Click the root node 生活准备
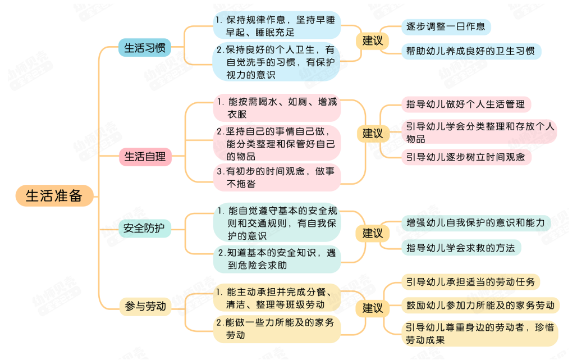pos(54,195)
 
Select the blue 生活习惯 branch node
pos(144,48)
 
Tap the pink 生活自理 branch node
pos(144,157)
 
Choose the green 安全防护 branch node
pos(144,229)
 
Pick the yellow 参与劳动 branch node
pos(144,306)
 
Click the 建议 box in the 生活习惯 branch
pos(372,40)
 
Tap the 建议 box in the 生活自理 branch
pos(372,133)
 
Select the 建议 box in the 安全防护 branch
pos(372,233)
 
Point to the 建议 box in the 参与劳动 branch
pos(372,308)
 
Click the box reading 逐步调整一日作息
pos(446,27)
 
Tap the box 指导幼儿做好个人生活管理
pos(465,104)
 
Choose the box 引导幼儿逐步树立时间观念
pos(465,157)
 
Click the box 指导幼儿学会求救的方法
pos(460,247)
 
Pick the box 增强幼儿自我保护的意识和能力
pos(475,223)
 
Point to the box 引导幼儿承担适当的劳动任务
pos(470,281)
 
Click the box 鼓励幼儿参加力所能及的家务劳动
pos(480,305)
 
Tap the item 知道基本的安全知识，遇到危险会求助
pos(277,258)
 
